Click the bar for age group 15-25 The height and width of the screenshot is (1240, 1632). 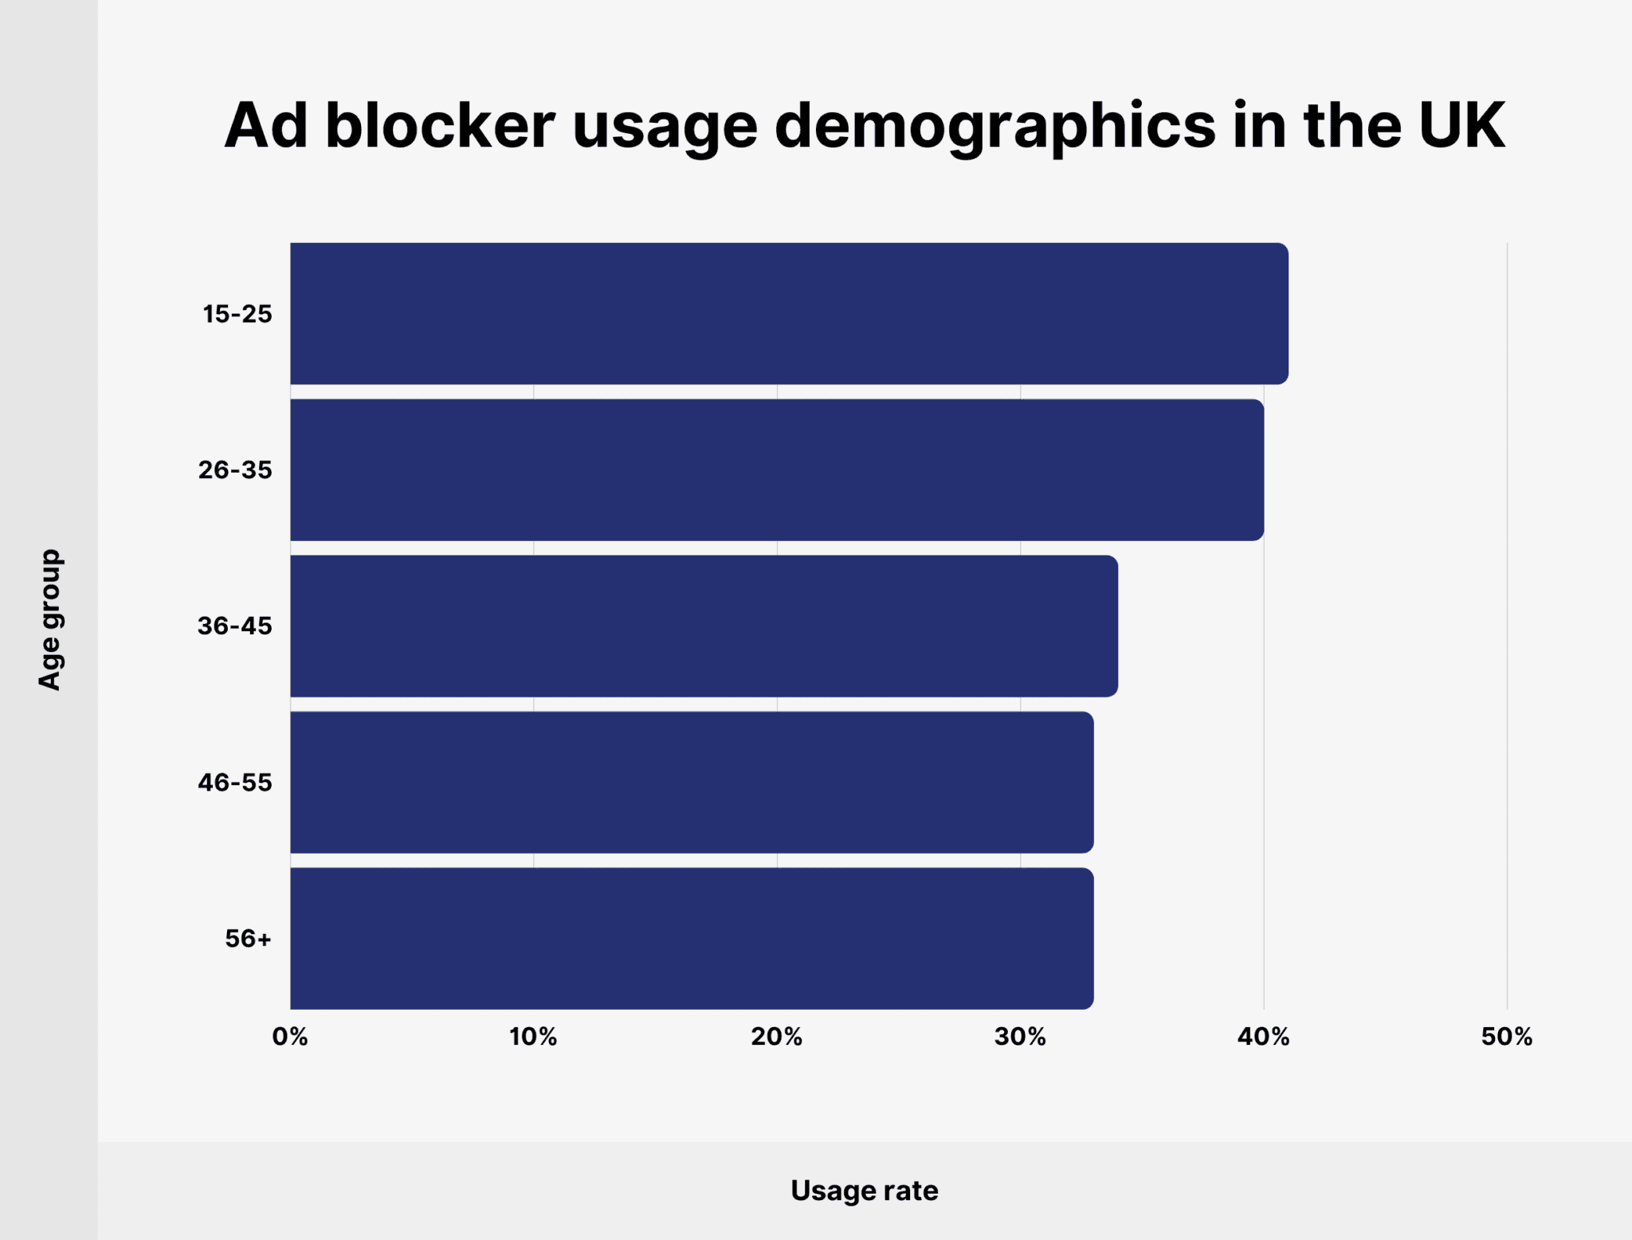789,313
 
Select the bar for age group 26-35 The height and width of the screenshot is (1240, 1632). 777,469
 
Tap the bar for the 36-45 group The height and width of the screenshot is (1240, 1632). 704,626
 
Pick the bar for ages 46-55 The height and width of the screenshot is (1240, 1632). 692,782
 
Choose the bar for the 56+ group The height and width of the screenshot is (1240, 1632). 692,938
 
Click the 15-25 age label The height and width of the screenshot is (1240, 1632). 237,314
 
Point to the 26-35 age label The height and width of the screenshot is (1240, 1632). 235,470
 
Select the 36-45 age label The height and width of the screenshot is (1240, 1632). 235,626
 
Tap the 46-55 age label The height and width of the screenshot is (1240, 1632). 235,783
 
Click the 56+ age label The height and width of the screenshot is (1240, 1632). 248,939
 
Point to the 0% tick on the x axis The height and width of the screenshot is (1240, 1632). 290,1037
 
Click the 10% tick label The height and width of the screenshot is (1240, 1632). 533,1037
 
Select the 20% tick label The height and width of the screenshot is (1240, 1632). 776,1037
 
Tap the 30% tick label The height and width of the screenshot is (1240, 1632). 1020,1037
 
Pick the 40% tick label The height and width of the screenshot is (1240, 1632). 1263,1037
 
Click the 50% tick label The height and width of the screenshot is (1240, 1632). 1506,1037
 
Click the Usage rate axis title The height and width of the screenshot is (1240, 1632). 864,1191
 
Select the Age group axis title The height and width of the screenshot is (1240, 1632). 49,619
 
